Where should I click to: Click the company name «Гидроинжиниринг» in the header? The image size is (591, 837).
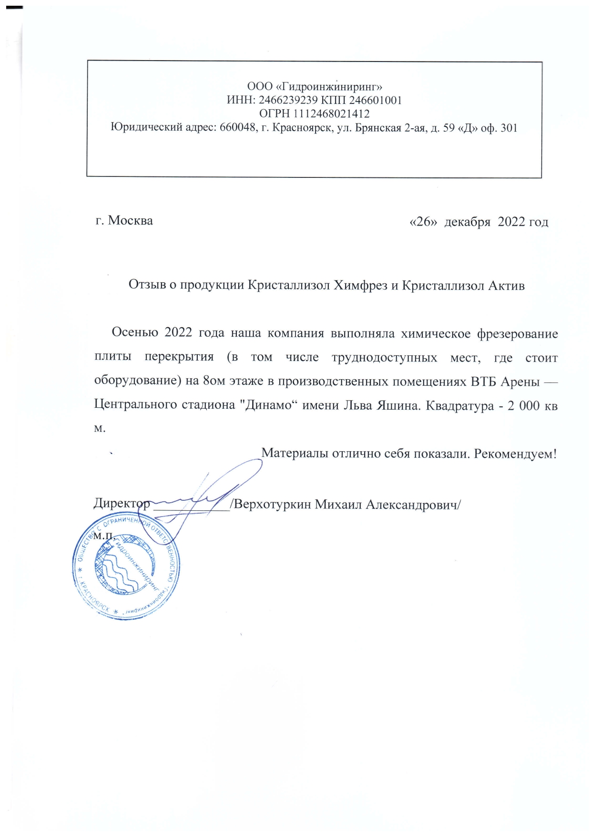pos(329,87)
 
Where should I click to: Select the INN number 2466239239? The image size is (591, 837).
pos(288,101)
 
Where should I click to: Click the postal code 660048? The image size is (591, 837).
pos(237,128)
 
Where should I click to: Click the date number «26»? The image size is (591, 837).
pos(423,222)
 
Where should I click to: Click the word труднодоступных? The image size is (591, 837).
pos(384,357)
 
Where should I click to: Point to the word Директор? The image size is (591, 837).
pos(122,504)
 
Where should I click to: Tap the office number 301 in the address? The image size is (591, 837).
pos(509,128)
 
